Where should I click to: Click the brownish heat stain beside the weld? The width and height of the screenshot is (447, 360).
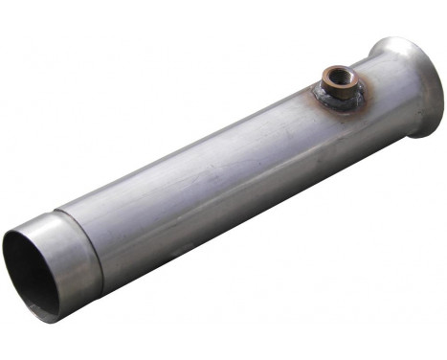pyautogui.click(x=311, y=96)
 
